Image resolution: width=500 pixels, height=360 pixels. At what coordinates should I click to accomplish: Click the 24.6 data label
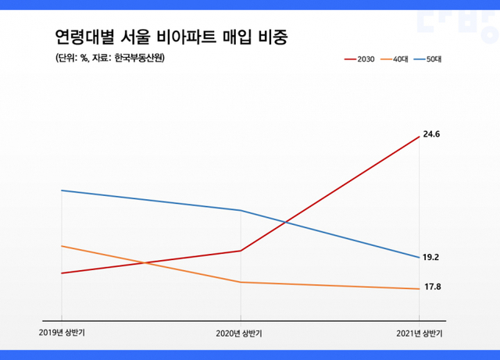pyautogui.click(x=432, y=134)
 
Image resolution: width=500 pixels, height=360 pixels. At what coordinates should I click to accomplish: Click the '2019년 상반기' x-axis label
pyautogui.click(x=62, y=333)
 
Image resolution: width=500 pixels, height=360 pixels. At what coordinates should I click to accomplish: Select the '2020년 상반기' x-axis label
pyautogui.click(x=240, y=333)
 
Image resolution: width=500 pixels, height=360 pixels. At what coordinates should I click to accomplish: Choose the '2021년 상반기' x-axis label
pyautogui.click(x=419, y=333)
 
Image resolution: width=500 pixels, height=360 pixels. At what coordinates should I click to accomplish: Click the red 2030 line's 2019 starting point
pyautogui.click(x=62, y=273)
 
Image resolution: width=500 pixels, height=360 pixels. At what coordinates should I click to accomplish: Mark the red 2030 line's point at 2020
pyautogui.click(x=241, y=251)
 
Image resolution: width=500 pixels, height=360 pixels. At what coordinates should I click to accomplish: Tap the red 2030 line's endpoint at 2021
pyautogui.click(x=420, y=136)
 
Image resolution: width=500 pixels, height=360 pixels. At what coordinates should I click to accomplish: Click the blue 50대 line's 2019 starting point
pyautogui.click(x=62, y=191)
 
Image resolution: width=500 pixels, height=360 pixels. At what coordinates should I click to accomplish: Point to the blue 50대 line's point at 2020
pyautogui.click(x=241, y=210)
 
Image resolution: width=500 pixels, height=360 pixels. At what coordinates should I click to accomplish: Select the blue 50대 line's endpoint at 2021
pyautogui.click(x=420, y=258)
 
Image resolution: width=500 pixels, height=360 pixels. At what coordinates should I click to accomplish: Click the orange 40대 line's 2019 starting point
pyautogui.click(x=62, y=246)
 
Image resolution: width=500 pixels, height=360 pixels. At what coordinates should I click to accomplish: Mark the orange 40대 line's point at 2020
pyautogui.click(x=241, y=282)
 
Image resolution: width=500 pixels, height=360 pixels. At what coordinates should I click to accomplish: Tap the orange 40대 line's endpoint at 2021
pyautogui.click(x=420, y=289)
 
